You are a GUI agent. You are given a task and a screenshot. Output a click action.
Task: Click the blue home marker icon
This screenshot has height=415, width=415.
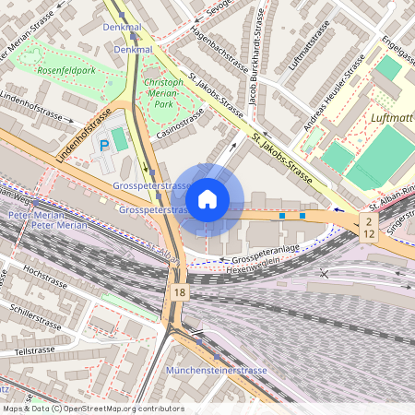pyautogui.click(x=207, y=198)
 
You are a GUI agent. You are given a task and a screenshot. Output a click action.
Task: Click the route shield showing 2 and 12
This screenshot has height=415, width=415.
pyautogui.click(x=369, y=228)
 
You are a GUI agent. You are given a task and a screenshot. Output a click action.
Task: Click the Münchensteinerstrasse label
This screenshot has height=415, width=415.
pyautogui.click(x=216, y=370)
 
